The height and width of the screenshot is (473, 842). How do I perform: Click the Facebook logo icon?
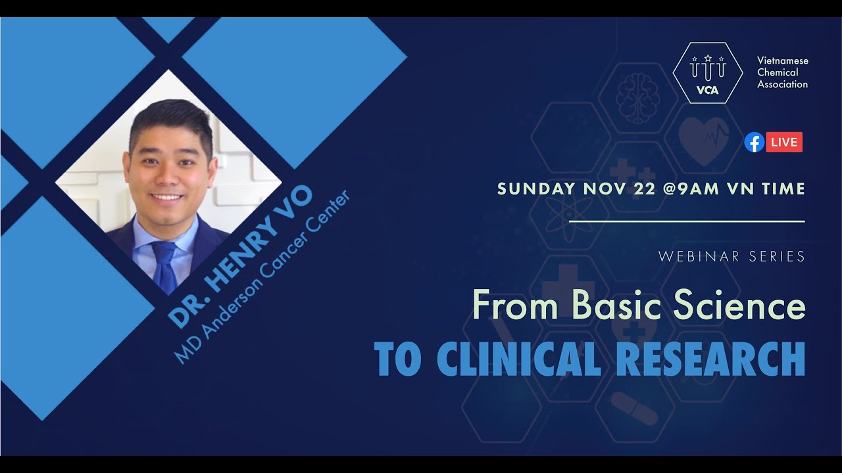(754, 142)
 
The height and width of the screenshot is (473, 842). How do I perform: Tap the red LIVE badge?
(784, 142)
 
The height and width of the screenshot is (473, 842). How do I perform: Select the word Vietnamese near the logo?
(783, 60)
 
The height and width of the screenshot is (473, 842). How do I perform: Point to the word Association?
(782, 84)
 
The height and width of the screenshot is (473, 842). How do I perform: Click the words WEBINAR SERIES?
(731, 257)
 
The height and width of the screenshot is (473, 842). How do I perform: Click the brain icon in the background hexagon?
(637, 97)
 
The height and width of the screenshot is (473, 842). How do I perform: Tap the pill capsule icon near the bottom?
(634, 408)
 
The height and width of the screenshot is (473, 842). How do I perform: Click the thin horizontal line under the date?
(687, 221)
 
